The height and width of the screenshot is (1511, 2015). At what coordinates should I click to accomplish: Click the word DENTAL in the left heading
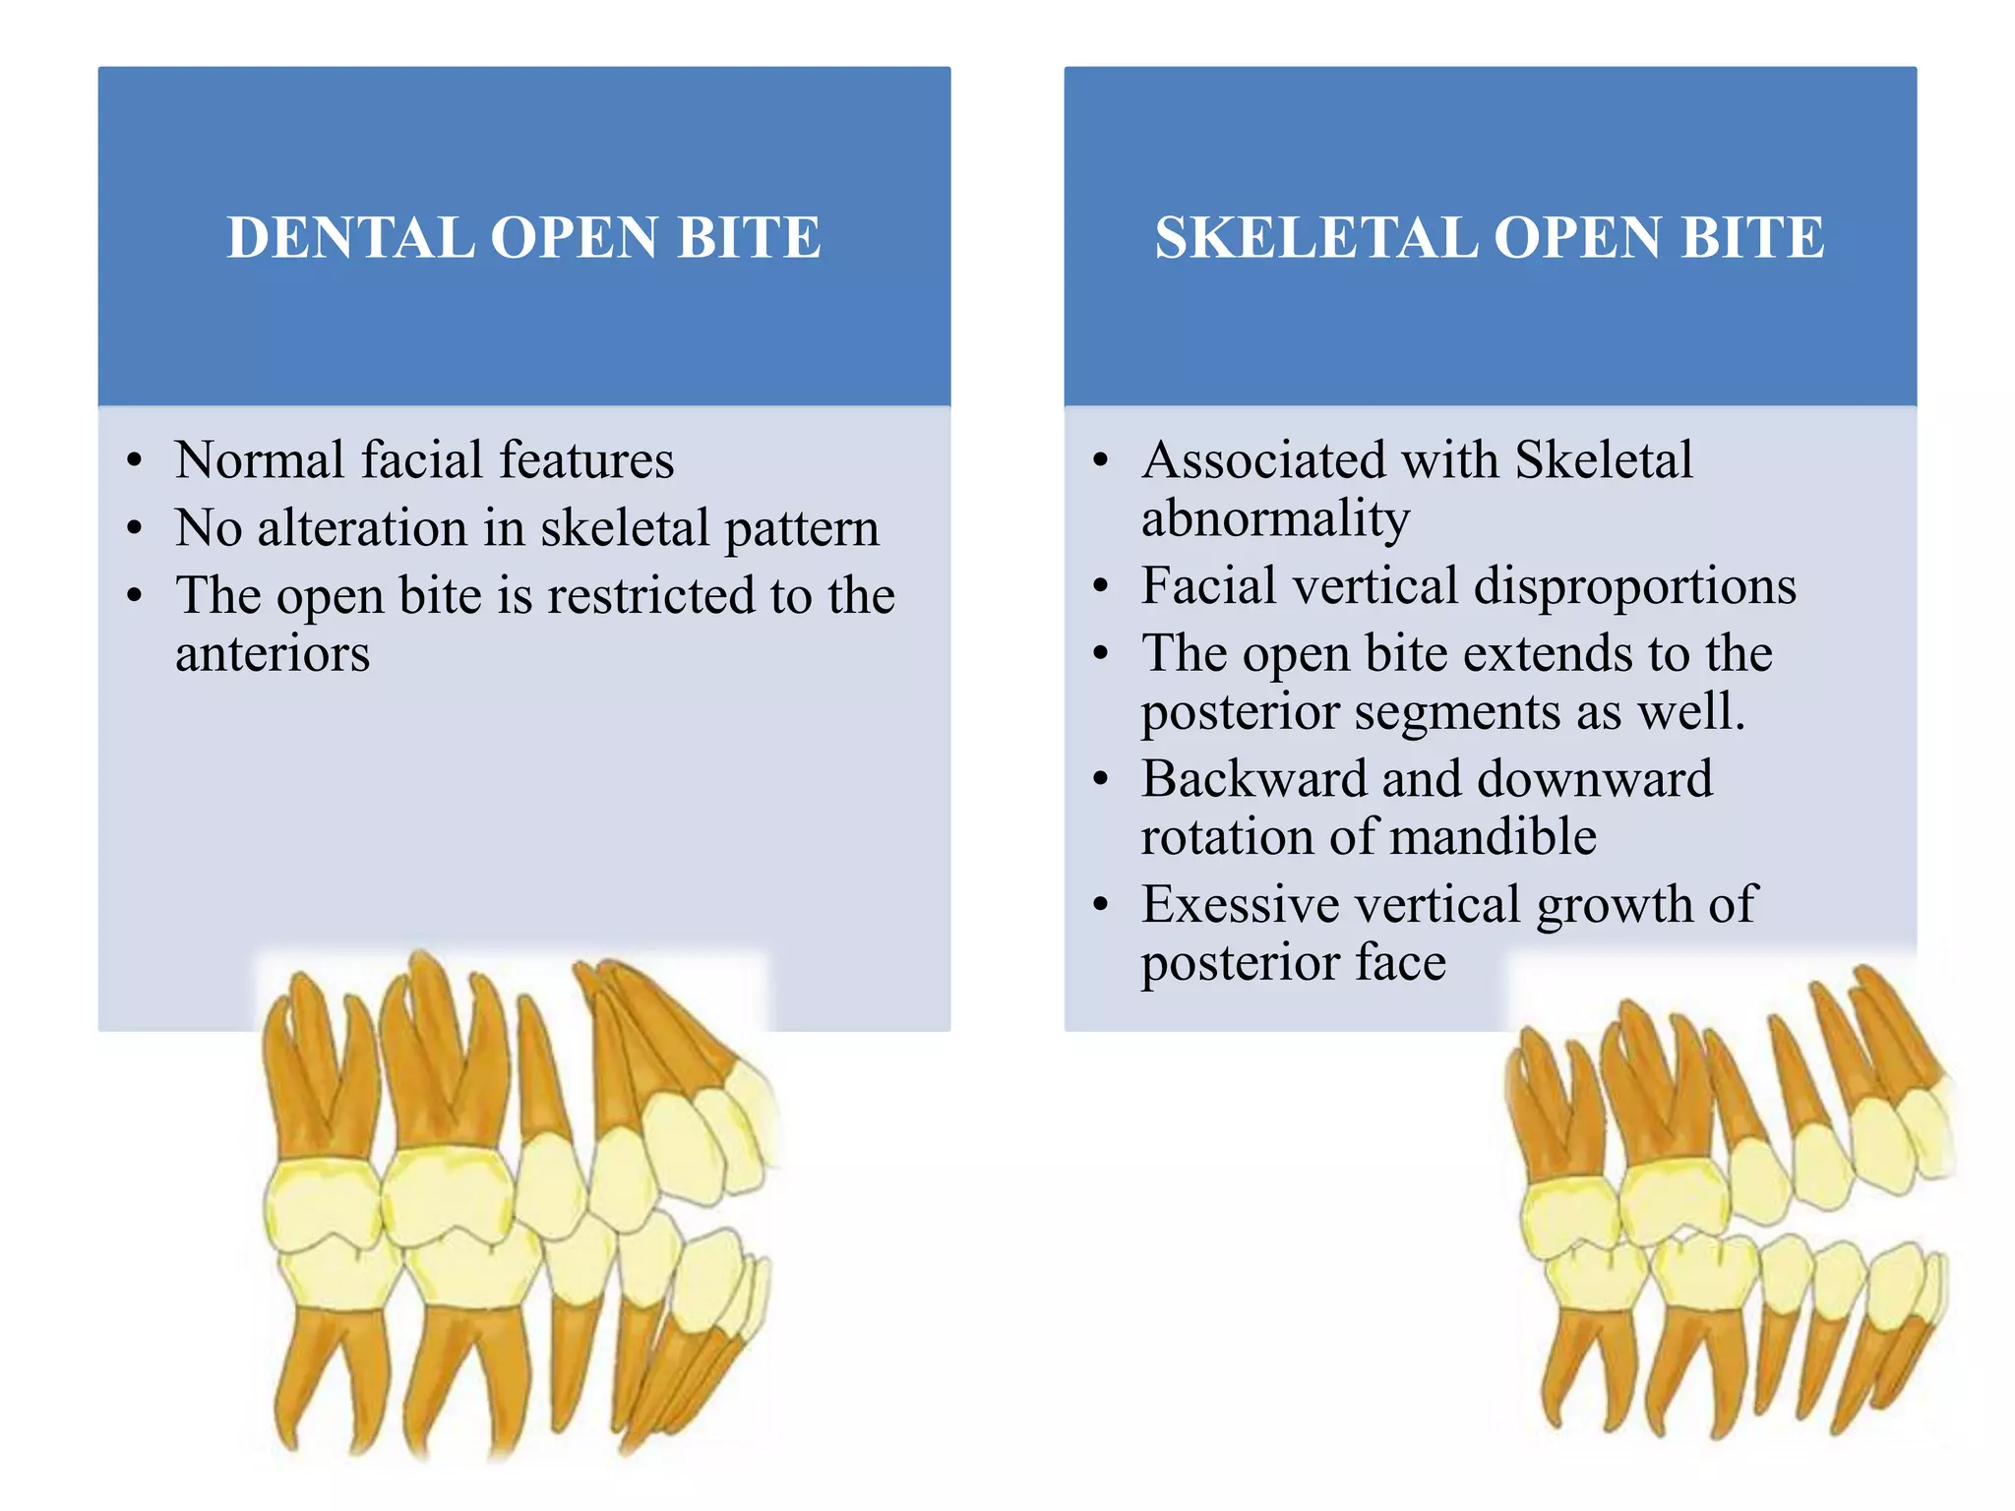pyautogui.click(x=349, y=238)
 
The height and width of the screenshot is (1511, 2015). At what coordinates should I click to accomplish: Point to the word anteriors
pyautogui.click(x=273, y=654)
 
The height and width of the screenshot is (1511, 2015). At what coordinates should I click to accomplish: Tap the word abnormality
pyautogui.click(x=1275, y=519)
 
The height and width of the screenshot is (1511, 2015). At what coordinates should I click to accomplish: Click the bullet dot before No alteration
pyautogui.click(x=135, y=529)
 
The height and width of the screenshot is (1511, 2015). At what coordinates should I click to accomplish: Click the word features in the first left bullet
pyautogui.click(x=586, y=460)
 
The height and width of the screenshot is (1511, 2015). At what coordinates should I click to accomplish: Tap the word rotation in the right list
pyautogui.click(x=1227, y=837)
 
